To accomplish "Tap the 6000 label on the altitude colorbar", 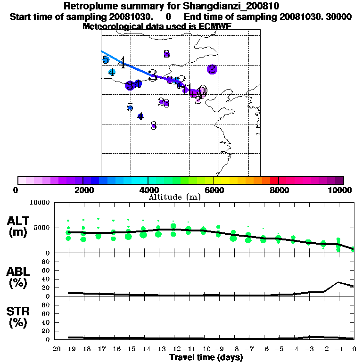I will coord(214,190).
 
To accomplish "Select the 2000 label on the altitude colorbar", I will coord(82,190).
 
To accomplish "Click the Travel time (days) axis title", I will coord(206,358).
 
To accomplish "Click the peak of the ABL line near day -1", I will coord(338,282).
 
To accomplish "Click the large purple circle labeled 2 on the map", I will coord(212,69).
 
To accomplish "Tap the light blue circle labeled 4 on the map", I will coord(112,72).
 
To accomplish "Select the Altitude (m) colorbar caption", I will coord(174,197).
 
